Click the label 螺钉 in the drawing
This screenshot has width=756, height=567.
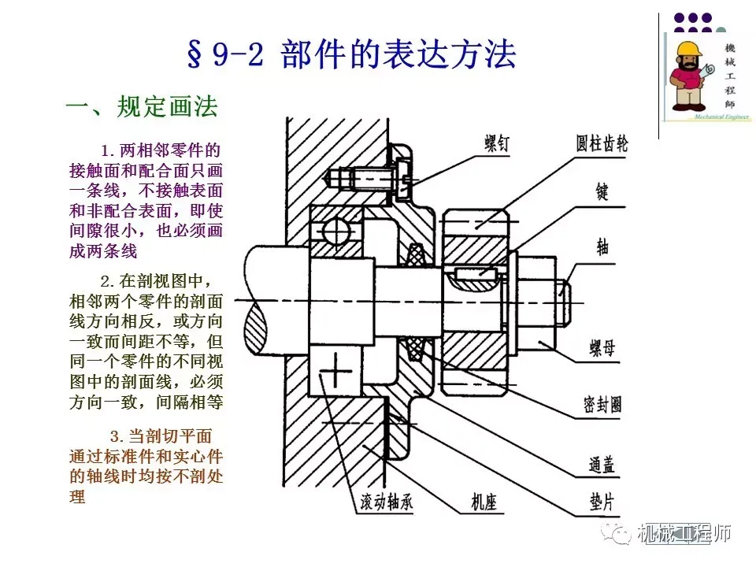(497, 145)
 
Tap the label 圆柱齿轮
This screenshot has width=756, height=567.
(602, 145)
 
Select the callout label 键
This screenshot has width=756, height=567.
(602, 191)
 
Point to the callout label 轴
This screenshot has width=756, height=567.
(602, 246)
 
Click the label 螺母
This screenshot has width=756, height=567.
(602, 347)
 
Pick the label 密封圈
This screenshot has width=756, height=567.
(602, 404)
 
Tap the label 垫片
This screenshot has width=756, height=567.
(602, 502)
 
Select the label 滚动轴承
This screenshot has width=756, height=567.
(376, 502)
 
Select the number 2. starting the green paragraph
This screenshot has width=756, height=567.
(109, 281)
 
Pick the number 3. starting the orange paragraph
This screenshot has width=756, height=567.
(117, 435)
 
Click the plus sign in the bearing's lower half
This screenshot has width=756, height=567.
(335, 368)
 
